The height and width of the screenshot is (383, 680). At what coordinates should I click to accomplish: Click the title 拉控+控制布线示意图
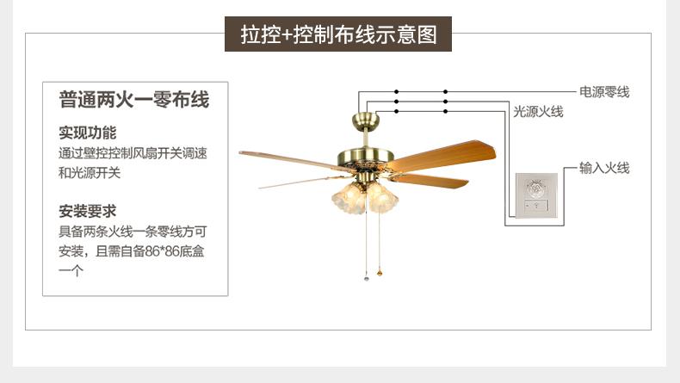[x=339, y=35]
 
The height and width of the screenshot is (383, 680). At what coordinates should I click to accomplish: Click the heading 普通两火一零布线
[x=134, y=100]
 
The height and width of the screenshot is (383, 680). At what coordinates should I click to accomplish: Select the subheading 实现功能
[x=87, y=133]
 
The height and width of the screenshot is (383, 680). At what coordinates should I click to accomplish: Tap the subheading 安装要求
[x=87, y=211]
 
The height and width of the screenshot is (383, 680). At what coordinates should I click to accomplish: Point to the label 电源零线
[x=604, y=91]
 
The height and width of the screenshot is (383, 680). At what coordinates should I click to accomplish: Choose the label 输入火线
[x=604, y=169]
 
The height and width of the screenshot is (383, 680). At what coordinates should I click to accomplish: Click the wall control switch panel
[x=536, y=197]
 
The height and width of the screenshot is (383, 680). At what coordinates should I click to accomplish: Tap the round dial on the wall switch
[x=536, y=188]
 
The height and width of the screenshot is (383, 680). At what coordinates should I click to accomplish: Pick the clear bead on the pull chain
[x=365, y=279]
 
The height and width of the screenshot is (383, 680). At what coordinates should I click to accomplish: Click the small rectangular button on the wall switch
[x=536, y=207]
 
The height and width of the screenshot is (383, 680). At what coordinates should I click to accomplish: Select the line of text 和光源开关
[x=90, y=172]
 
